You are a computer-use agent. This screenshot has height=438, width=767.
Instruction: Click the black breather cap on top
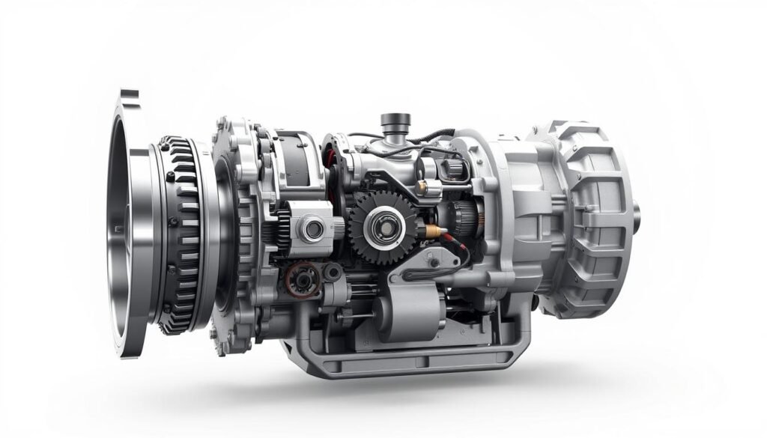tap(395, 120)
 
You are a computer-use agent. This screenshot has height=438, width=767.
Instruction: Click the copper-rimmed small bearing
tap(303, 279)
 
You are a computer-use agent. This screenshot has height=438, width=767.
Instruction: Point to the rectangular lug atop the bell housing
tap(129, 96)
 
